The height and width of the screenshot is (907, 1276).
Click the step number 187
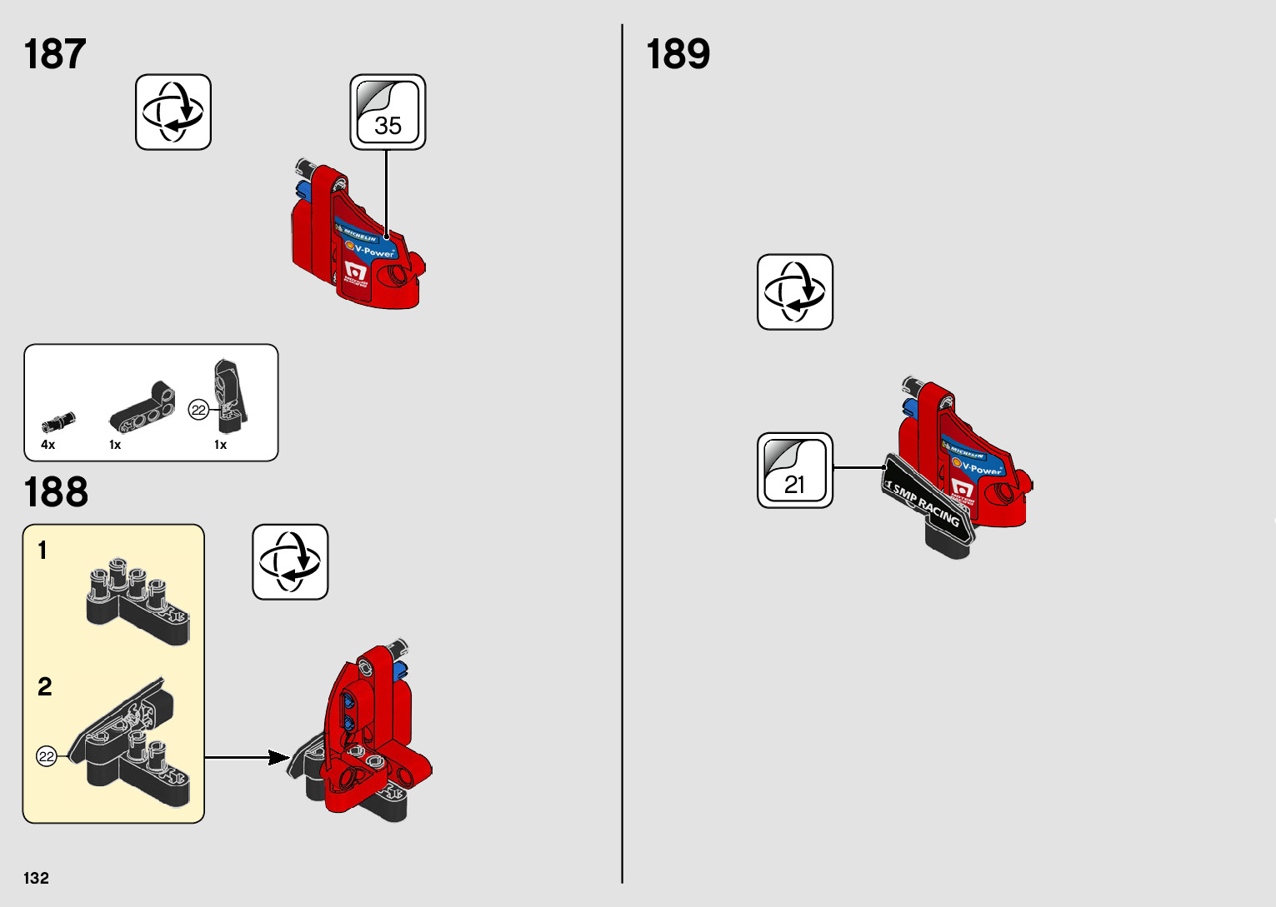click(55, 54)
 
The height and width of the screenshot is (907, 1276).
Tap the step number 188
click(56, 492)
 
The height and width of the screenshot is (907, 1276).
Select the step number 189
click(678, 54)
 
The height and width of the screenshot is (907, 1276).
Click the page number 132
click(36, 878)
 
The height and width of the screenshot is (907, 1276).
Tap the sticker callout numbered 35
click(388, 112)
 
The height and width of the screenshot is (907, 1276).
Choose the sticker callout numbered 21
click(794, 471)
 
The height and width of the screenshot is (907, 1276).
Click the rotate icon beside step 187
click(173, 112)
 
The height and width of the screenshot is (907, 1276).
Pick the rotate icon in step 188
click(290, 562)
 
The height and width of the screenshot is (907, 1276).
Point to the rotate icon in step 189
click(794, 292)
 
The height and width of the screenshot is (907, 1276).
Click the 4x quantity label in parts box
click(48, 445)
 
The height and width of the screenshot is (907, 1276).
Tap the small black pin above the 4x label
click(58, 421)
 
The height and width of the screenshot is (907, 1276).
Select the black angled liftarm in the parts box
click(143, 409)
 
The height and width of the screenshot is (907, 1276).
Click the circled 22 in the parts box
click(198, 410)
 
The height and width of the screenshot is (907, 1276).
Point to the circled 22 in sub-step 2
click(47, 756)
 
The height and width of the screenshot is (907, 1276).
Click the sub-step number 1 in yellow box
click(43, 551)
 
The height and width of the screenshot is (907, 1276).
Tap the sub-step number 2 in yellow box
click(45, 686)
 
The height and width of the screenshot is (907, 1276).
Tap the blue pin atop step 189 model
click(909, 406)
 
